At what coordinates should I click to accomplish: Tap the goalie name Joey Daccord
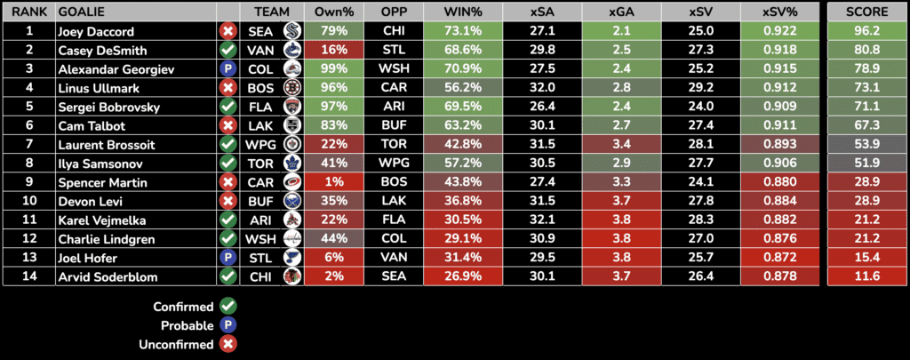91,31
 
